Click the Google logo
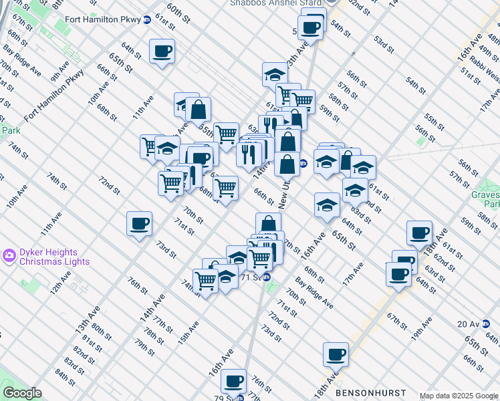coord(22,393)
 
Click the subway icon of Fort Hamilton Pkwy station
coord(147,20)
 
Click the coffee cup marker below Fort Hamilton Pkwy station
coord(162,51)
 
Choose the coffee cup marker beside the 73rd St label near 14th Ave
coord(139,223)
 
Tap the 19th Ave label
coord(422,329)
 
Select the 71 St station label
coord(249,277)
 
